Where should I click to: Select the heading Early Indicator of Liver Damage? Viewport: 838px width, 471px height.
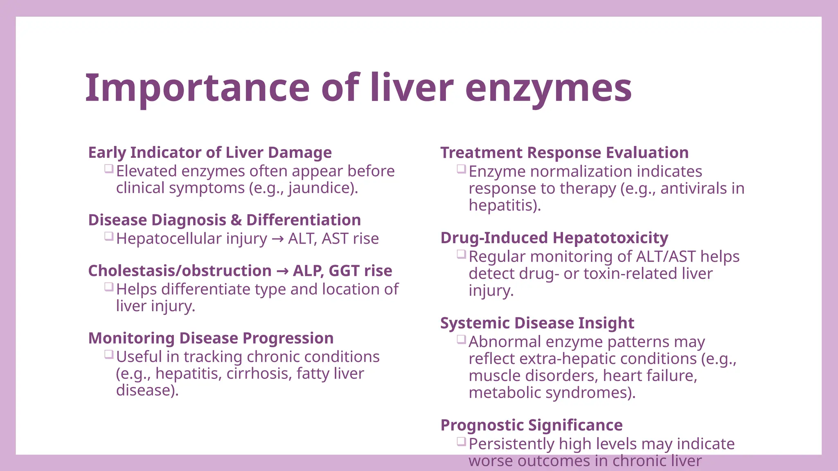(x=210, y=153)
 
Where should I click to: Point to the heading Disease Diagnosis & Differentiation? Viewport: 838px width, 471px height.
(x=225, y=220)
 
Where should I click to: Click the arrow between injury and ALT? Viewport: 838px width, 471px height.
(x=277, y=239)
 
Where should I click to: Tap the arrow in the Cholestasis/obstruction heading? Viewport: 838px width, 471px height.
(x=282, y=271)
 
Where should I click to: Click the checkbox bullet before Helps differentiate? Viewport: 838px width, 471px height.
(x=109, y=287)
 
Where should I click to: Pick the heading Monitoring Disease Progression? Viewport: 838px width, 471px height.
(x=211, y=338)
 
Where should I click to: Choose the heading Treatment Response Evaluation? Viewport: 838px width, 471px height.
(x=564, y=153)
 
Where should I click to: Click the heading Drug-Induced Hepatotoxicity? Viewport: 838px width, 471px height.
(x=554, y=238)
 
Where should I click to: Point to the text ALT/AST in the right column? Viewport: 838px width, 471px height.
(x=666, y=257)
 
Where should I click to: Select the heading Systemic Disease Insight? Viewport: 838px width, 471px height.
(x=537, y=323)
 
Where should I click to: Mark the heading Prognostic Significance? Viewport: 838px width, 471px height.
(x=531, y=425)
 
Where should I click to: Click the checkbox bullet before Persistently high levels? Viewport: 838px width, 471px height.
(x=462, y=442)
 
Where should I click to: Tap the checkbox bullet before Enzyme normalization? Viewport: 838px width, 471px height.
(x=462, y=169)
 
